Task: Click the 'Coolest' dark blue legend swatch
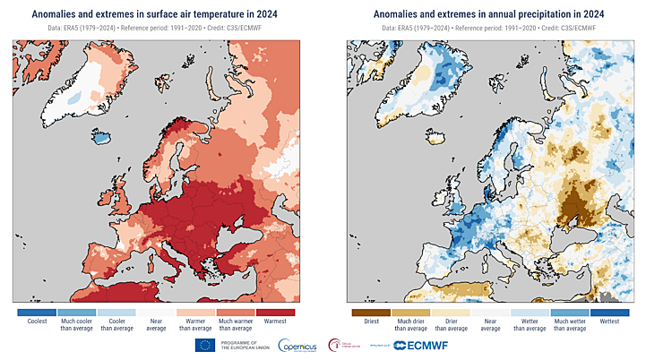tap(37, 313)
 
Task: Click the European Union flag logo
tap(204, 346)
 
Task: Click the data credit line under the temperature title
tap(159, 29)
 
